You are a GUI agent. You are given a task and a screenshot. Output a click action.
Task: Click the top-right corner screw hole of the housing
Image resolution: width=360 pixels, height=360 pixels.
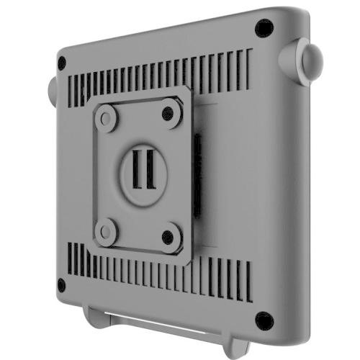coord(264,28)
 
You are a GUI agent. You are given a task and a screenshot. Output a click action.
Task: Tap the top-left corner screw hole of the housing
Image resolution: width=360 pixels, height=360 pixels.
coord(62,63)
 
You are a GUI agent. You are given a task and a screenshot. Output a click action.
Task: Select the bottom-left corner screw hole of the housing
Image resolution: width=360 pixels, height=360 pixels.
coord(62,285)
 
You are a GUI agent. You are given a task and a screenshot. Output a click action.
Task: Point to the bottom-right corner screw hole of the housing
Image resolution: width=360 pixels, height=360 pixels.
coord(264,320)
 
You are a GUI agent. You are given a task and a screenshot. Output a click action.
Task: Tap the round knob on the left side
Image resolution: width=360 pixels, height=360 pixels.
coord(52,91)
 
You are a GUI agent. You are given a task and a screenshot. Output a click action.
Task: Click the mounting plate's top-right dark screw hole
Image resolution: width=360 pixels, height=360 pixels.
coord(168,112)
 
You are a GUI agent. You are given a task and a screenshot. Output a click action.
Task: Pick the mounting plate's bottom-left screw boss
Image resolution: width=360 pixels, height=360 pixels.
coord(107,231)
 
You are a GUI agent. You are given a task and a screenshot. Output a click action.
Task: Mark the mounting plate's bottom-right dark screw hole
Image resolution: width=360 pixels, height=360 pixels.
coord(168,237)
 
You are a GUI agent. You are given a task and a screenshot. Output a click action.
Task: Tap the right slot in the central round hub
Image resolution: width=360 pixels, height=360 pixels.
coord(150,169)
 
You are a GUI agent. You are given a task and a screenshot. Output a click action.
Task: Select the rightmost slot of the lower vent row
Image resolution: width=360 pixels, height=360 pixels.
coord(249,282)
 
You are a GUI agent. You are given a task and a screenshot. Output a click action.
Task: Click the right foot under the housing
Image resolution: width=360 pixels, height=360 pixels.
coord(237,347)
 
